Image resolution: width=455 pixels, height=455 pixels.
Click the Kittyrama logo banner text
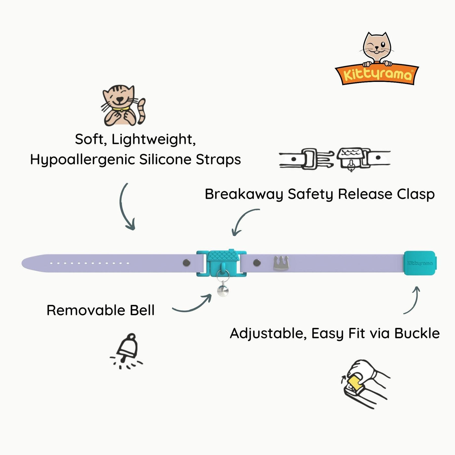377,75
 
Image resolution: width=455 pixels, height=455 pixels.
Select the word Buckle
417,333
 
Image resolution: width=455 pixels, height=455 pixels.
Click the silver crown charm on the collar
281,263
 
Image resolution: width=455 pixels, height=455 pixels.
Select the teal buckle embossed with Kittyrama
420,263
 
